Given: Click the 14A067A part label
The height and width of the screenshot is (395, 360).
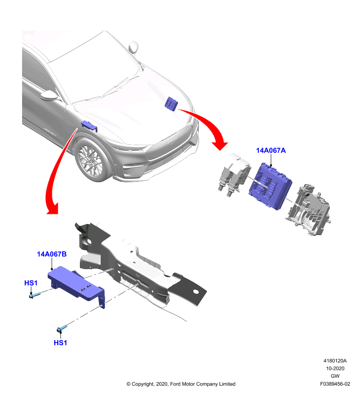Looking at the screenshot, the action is [271, 151].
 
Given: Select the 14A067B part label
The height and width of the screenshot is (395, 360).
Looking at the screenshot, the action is [52, 254].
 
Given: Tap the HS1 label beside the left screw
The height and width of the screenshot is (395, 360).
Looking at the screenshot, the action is [31, 283].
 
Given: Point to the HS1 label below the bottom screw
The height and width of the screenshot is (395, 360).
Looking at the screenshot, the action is [60, 343].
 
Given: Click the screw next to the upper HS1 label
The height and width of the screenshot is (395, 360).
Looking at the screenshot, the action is [35, 295].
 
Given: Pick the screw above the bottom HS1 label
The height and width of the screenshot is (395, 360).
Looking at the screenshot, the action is [62, 328].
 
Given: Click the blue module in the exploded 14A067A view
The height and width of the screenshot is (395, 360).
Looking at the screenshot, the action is [270, 186].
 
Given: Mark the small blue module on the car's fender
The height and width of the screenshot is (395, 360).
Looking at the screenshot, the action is [89, 125].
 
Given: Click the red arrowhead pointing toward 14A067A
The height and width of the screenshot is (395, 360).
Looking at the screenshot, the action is [219, 146].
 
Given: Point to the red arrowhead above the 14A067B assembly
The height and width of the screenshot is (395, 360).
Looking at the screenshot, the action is [53, 208].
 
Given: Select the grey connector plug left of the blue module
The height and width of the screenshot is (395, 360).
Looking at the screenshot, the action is [234, 175].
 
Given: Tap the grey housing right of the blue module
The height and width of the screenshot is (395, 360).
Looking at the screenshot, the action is [308, 209].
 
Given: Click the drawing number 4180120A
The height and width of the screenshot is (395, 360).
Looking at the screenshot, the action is [335, 361].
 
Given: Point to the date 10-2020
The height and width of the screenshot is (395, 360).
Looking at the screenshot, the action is [335, 368].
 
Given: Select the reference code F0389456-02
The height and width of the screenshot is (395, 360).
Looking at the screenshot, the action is [335, 384].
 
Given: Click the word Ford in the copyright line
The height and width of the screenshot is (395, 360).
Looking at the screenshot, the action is [176, 384].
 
